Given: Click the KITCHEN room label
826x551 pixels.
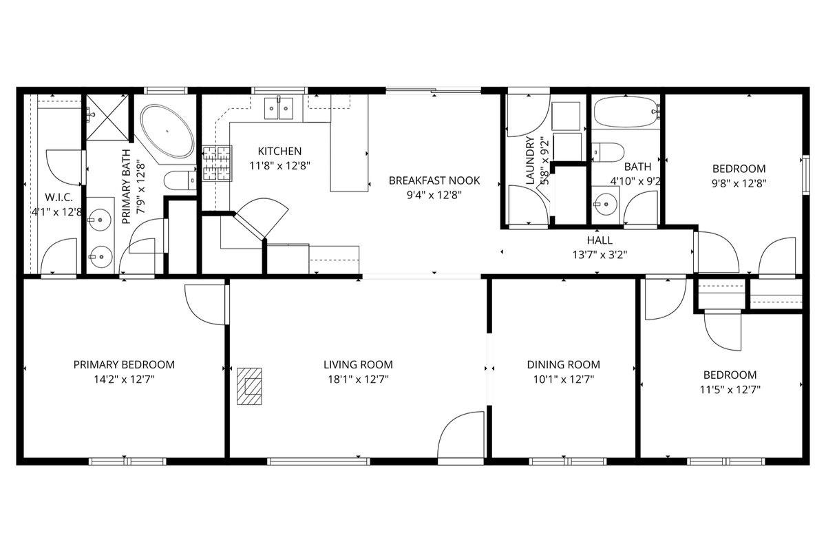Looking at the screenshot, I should click(279, 152).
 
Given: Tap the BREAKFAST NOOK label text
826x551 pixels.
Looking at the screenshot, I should click(434, 180).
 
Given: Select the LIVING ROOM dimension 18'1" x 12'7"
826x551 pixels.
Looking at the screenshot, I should click(358, 379).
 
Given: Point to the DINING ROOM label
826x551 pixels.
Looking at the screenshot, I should click(563, 364).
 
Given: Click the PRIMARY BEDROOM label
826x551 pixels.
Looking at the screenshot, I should click(124, 364).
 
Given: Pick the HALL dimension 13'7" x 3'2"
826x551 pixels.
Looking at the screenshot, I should click(599, 253).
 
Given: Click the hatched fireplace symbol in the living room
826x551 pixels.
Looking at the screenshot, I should click(250, 387).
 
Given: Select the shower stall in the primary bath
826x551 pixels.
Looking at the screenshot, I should click(107, 116).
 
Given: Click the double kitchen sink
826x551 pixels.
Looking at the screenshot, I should click(280, 109).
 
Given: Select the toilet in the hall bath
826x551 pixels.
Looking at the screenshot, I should click(608, 152).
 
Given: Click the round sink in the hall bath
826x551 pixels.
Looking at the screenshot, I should click(606, 204).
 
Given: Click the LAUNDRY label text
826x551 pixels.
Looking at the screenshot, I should click(531, 161).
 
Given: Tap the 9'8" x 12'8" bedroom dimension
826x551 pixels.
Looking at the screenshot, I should click(739, 183).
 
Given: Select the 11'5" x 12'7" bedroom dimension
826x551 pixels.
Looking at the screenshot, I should click(730, 389).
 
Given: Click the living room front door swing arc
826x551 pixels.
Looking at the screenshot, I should click(460, 434).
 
